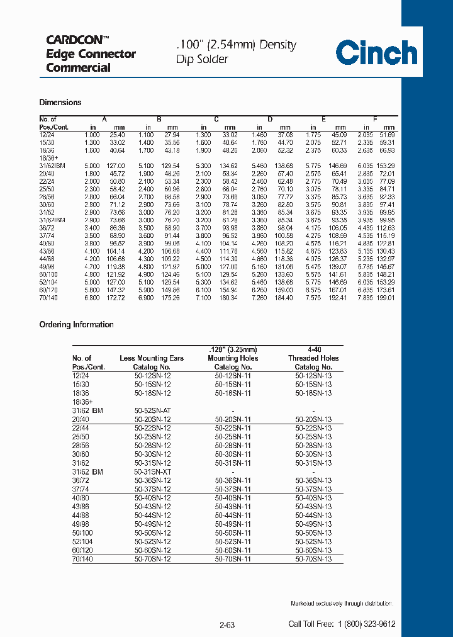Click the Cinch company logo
pyautogui.click(x=376, y=52)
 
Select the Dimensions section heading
pyautogui.click(x=60, y=103)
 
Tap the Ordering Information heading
pyautogui.click(x=76, y=325)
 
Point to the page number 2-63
pyautogui.click(x=227, y=625)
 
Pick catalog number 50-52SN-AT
pyautogui.click(x=152, y=410)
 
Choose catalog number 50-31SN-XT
pyautogui.click(x=152, y=471)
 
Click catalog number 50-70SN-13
pyautogui.click(x=313, y=558)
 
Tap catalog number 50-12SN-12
pyautogui.click(x=152, y=376)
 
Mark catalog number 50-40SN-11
pyautogui.click(x=232, y=498)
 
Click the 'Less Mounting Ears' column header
pyautogui.click(x=152, y=358)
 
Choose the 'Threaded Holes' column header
pyautogui.click(x=313, y=358)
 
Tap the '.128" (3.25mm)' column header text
pyautogui.click(x=232, y=349)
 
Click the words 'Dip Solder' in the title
pyautogui.click(x=202, y=60)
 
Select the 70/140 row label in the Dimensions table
pyautogui.click(x=48, y=298)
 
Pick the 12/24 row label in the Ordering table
pyautogui.click(x=81, y=376)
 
